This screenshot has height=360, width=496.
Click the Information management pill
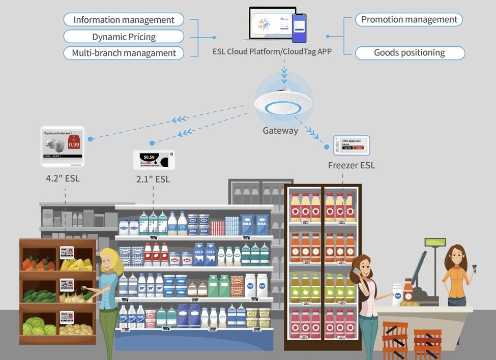click(124, 20)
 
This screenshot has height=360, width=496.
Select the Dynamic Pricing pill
click(124, 37)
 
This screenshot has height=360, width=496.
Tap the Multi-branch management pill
click(124, 53)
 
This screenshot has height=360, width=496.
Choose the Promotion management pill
click(409, 20)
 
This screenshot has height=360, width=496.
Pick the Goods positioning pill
click(410, 53)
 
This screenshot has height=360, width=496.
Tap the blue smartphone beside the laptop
click(299, 28)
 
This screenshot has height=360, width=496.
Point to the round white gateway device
click(284, 102)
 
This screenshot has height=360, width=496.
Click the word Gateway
click(280, 131)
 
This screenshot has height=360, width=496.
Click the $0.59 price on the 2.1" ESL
click(149, 157)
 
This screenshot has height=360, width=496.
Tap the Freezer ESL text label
click(351, 165)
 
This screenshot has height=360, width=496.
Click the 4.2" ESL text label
click(63, 178)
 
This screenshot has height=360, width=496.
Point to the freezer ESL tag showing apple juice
click(351, 145)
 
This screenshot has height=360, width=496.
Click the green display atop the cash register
click(435, 243)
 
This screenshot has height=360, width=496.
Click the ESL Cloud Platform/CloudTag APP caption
click(272, 52)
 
